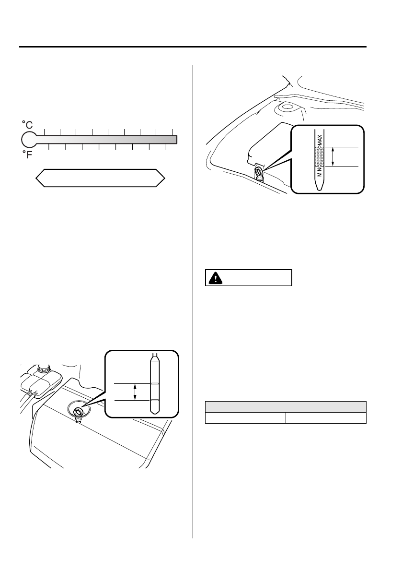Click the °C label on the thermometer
pyautogui.click(x=27, y=125)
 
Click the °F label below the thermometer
pyautogui.click(x=27, y=155)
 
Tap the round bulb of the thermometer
pyautogui.click(x=29, y=140)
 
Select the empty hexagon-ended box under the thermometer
pyautogui.click(x=101, y=178)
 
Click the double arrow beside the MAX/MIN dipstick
pyautogui.click(x=334, y=156)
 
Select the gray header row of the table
pyautogui.click(x=286, y=406)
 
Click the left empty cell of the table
pyautogui.click(x=245, y=418)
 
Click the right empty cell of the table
pyautogui.click(x=326, y=418)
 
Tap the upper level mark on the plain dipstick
pyautogui.click(x=155, y=384)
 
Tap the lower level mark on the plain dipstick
pyautogui.click(x=155, y=400)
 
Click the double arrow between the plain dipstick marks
pyautogui.click(x=135, y=392)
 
